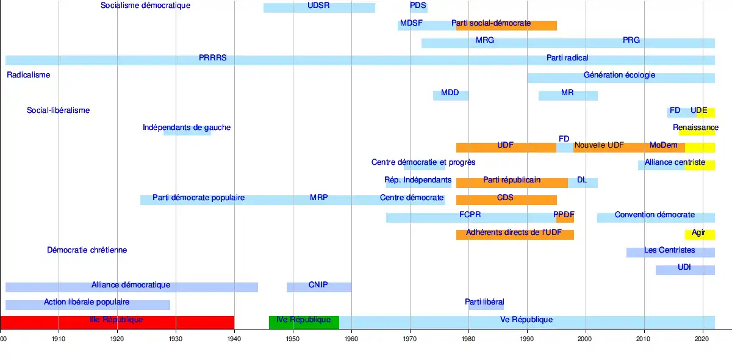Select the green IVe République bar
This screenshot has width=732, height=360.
[304, 322]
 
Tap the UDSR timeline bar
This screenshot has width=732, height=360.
[319, 8]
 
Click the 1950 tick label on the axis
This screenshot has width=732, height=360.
[293, 338]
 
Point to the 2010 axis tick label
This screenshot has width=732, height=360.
[644, 338]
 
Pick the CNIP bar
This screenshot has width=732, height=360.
[318, 287]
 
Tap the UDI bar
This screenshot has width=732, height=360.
[685, 270]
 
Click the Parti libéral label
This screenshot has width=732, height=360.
[486, 302]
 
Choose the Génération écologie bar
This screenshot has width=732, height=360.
[621, 77]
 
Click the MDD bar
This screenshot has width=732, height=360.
[451, 95]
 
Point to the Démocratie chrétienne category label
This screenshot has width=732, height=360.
[87, 250]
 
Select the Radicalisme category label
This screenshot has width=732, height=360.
[28, 75]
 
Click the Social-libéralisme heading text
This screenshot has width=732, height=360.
[58, 110]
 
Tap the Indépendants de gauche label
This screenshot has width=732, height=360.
[187, 128]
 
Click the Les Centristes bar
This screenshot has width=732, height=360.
[670, 252]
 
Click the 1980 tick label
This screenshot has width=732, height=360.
[468, 338]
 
